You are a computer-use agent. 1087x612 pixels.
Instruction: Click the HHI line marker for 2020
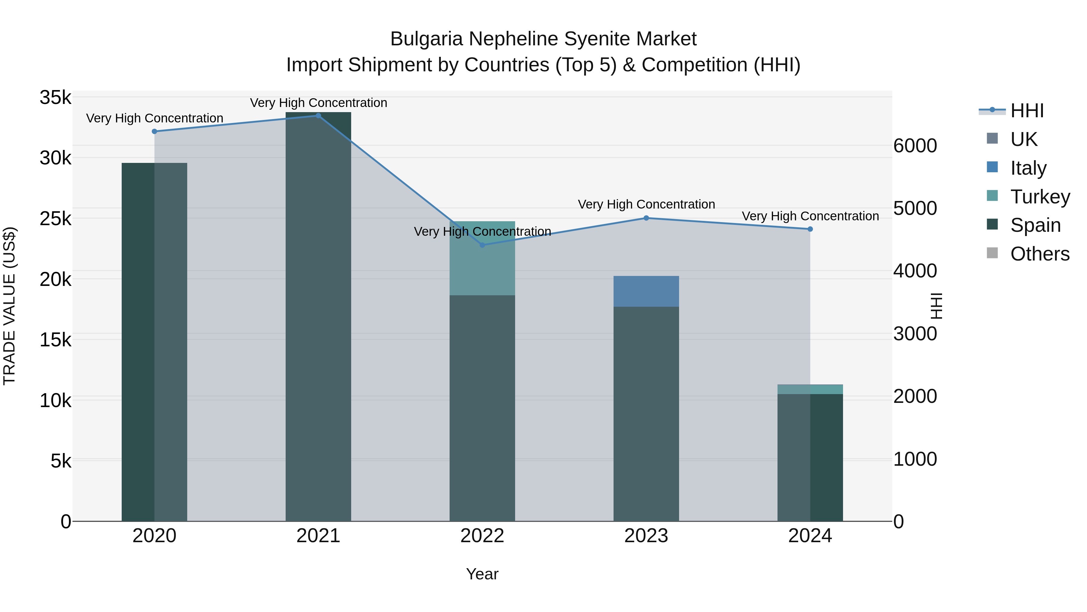click(154, 131)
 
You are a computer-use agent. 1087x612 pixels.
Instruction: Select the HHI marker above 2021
click(318, 116)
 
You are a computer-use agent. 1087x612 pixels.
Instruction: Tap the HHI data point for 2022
click(482, 245)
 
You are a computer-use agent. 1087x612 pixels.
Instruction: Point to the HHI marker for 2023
click(646, 218)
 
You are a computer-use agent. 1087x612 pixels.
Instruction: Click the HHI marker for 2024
click(810, 229)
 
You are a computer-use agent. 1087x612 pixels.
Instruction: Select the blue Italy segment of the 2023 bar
click(646, 291)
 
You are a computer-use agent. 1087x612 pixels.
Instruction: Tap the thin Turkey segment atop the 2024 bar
click(810, 389)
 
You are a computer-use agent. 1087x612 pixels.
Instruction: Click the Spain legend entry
click(1035, 225)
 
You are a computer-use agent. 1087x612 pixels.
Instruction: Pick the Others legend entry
click(1040, 254)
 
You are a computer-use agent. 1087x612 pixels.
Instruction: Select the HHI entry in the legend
click(1026, 111)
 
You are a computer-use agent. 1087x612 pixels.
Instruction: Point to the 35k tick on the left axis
click(55, 98)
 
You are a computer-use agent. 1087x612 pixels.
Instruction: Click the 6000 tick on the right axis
click(915, 146)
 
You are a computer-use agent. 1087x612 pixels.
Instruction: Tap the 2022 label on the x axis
click(482, 536)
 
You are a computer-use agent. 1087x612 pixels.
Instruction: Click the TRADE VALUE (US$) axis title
click(9, 306)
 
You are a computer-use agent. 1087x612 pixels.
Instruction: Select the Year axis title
click(482, 574)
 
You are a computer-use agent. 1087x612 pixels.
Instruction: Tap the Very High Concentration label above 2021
click(318, 103)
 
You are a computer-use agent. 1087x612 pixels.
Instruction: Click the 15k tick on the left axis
click(55, 340)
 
